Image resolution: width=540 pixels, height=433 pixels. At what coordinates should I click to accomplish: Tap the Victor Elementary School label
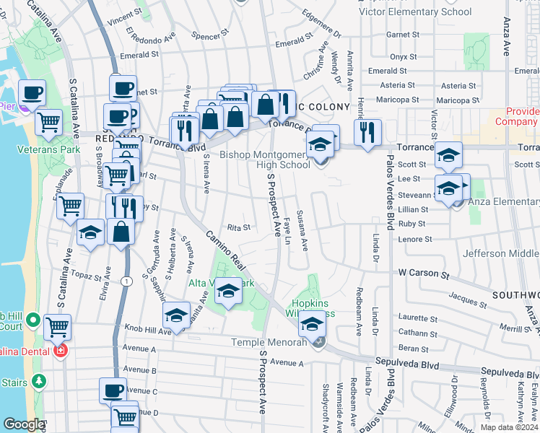[x=415, y=12]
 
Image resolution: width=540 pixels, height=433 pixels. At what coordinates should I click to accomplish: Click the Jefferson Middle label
[x=500, y=253]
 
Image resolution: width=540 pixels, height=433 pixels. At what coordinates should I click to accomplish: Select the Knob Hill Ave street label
[x=144, y=328]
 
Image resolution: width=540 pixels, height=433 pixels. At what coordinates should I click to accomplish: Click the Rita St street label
[x=238, y=227]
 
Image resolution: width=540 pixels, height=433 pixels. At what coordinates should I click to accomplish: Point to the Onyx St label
[x=403, y=57]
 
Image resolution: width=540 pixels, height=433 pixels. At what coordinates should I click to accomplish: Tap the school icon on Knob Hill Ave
[x=175, y=318]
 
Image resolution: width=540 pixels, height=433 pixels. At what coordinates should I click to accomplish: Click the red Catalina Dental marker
[x=61, y=351]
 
